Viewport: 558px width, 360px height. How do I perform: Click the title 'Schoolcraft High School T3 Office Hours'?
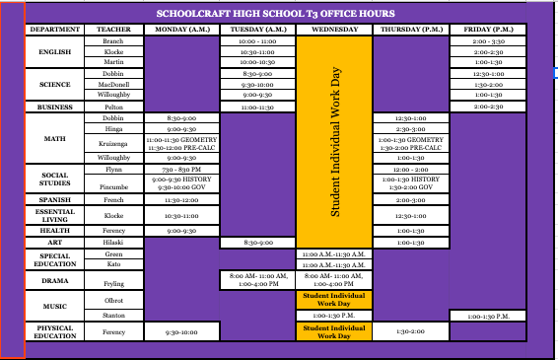(275, 14)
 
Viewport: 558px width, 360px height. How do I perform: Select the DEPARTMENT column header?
(55, 30)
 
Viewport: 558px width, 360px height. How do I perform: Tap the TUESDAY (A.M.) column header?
(257, 30)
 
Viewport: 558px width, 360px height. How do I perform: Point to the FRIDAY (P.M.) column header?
(488, 30)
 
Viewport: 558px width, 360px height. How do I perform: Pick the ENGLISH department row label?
(55, 51)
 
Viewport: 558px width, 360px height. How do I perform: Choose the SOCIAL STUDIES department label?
(55, 179)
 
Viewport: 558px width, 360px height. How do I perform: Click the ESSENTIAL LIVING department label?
(55, 213)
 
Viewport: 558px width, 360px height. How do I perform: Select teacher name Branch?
(113, 41)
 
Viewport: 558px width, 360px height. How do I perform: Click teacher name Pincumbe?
(113, 185)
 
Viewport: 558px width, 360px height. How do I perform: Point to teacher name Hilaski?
(113, 242)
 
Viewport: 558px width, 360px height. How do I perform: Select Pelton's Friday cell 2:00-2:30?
(488, 106)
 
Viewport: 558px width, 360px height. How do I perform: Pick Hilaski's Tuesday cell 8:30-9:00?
(257, 242)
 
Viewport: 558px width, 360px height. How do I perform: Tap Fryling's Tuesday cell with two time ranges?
(257, 281)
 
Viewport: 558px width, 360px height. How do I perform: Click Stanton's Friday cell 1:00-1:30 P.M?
(488, 315)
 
